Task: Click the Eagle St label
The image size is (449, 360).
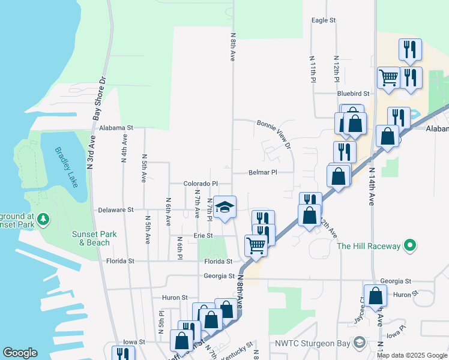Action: pos(323,20)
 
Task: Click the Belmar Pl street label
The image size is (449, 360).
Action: pos(263,172)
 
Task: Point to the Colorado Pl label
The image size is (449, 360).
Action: pos(200,184)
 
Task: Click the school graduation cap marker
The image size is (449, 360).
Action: pos(225,207)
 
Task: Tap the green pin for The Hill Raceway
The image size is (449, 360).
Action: pos(410,245)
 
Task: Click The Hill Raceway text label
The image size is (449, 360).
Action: pos(368,246)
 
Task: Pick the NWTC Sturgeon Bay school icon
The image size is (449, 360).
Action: pos(359,343)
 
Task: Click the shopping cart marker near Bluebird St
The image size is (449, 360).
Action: pos(388,77)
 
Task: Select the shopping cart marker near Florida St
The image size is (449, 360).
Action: pos(256,245)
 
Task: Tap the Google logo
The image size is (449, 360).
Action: pos(20,353)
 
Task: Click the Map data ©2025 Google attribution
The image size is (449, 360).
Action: pos(412,355)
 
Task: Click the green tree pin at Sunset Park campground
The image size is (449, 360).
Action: pos(43,220)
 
